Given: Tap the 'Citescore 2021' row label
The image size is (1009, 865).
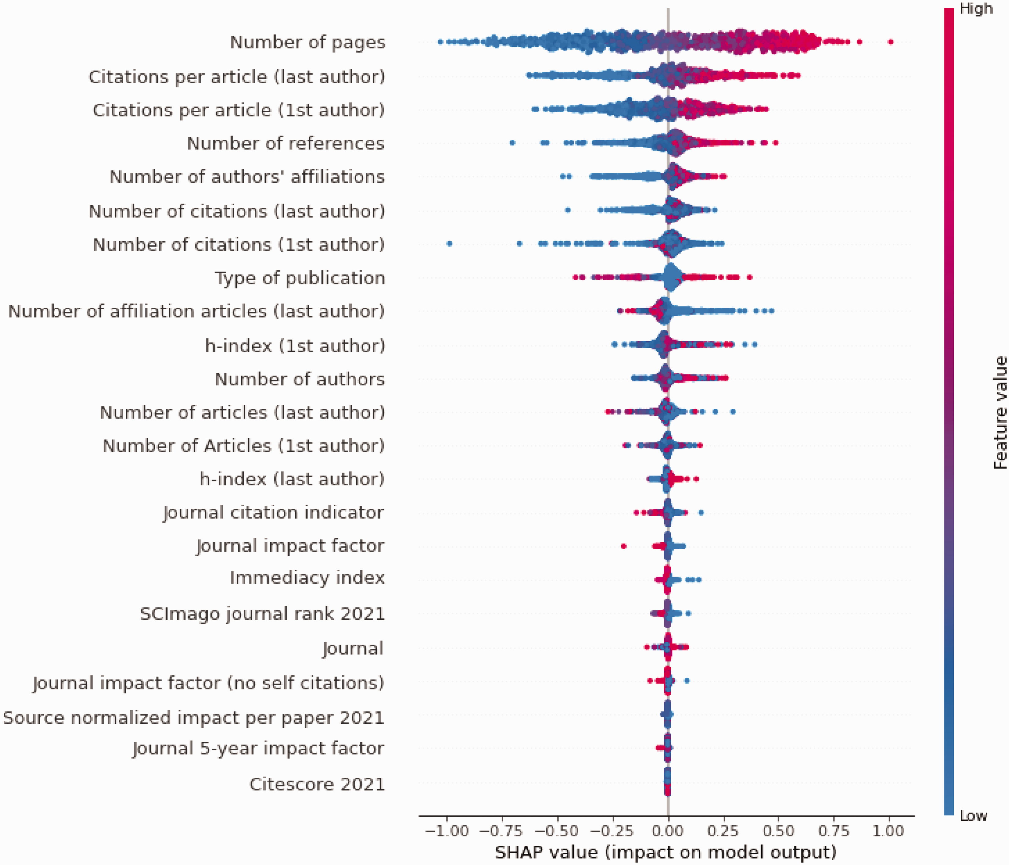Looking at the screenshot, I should [x=317, y=784].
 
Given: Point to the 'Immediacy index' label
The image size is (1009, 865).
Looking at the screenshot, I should [x=307, y=578].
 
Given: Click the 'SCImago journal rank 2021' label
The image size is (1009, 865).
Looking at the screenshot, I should [x=262, y=614].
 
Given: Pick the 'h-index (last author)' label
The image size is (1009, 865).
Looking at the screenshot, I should [x=292, y=479].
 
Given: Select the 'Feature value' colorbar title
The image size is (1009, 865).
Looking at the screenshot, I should [x=1000, y=413].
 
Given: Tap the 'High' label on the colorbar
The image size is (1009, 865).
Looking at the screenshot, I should [x=975, y=9].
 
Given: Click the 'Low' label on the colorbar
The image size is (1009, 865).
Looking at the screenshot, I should [x=973, y=815].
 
